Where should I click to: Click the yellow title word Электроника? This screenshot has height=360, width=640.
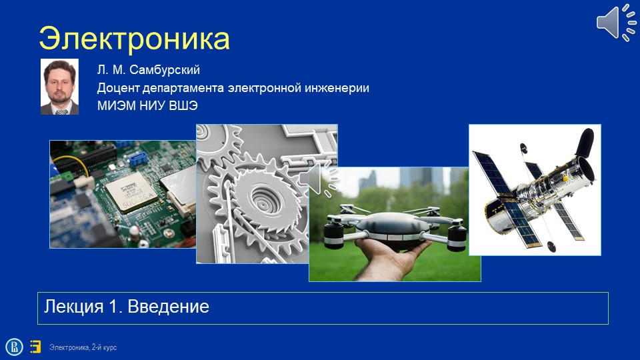coord(134,39)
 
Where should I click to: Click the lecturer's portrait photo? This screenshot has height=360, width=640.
coord(59,87)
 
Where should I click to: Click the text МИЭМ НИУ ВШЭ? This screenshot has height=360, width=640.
coord(147,106)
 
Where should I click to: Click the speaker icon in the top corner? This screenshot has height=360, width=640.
coord(616,23)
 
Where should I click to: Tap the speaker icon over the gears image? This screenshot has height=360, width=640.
coord(317,179)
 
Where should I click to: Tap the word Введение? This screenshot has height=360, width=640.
coord(168,307)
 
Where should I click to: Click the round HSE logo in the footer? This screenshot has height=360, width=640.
coord(14,347)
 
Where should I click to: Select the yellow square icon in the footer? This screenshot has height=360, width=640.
coord(35,347)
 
